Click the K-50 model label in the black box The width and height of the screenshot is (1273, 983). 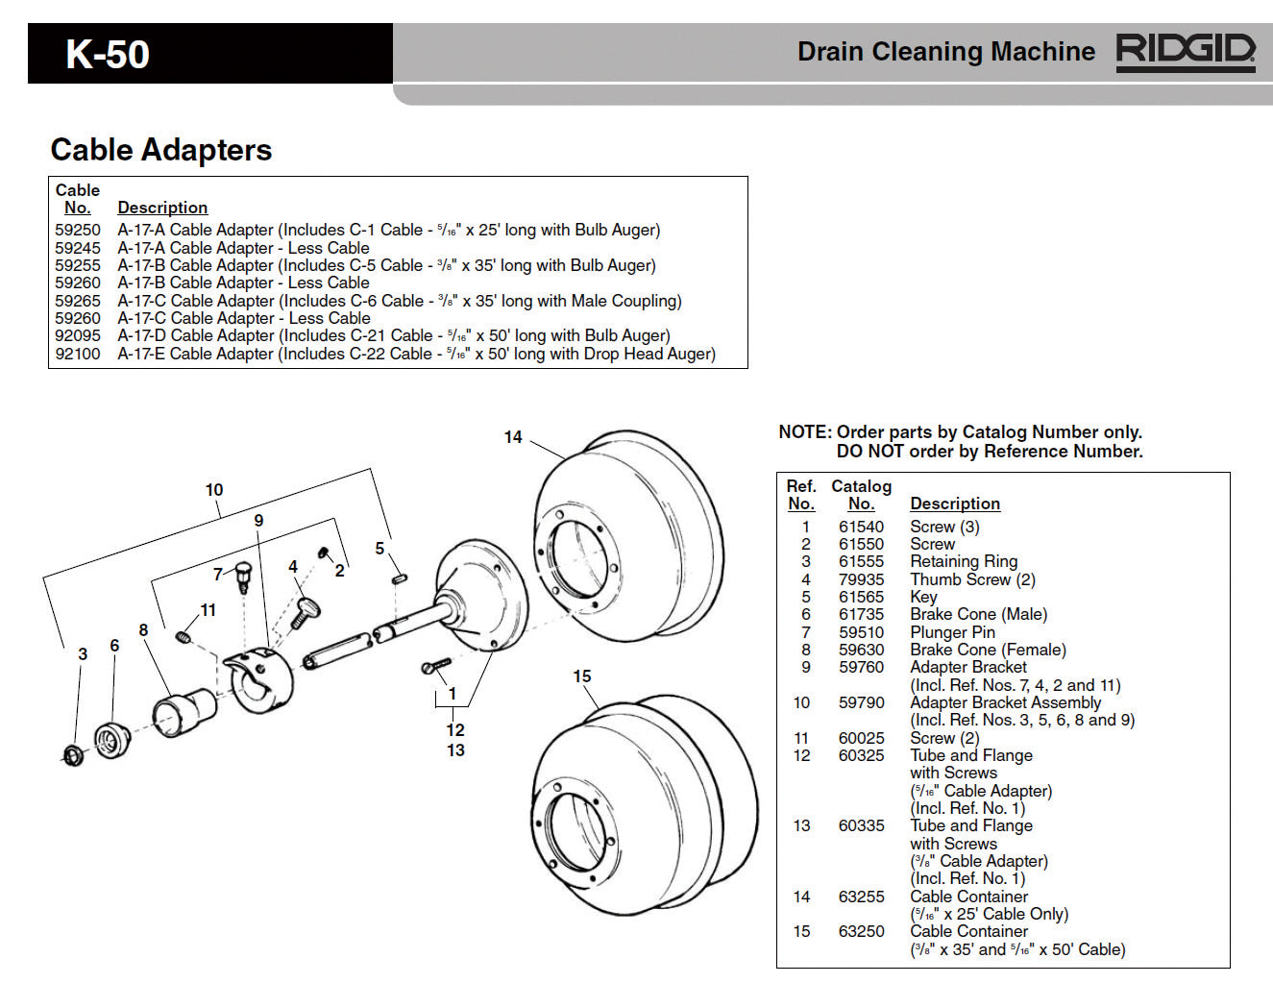[108, 54]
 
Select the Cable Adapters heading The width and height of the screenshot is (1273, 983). [161, 150]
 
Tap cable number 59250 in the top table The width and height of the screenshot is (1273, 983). [78, 230]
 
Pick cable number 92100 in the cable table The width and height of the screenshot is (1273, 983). [78, 354]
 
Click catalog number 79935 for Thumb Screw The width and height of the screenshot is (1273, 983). [861, 579]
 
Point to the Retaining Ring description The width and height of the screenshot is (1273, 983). [964, 561]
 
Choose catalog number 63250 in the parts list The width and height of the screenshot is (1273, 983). [861, 931]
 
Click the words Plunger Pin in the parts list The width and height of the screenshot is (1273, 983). [952, 632]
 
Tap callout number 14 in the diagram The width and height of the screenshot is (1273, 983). [513, 437]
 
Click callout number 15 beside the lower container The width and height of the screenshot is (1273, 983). [582, 676]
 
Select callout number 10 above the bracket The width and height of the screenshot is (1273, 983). [214, 490]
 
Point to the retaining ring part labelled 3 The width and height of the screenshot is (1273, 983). [73, 755]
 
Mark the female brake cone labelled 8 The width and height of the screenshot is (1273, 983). [184, 711]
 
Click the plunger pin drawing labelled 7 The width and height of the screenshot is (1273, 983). [242, 574]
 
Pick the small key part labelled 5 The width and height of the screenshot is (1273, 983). [400, 578]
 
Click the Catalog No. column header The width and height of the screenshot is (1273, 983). [861, 495]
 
